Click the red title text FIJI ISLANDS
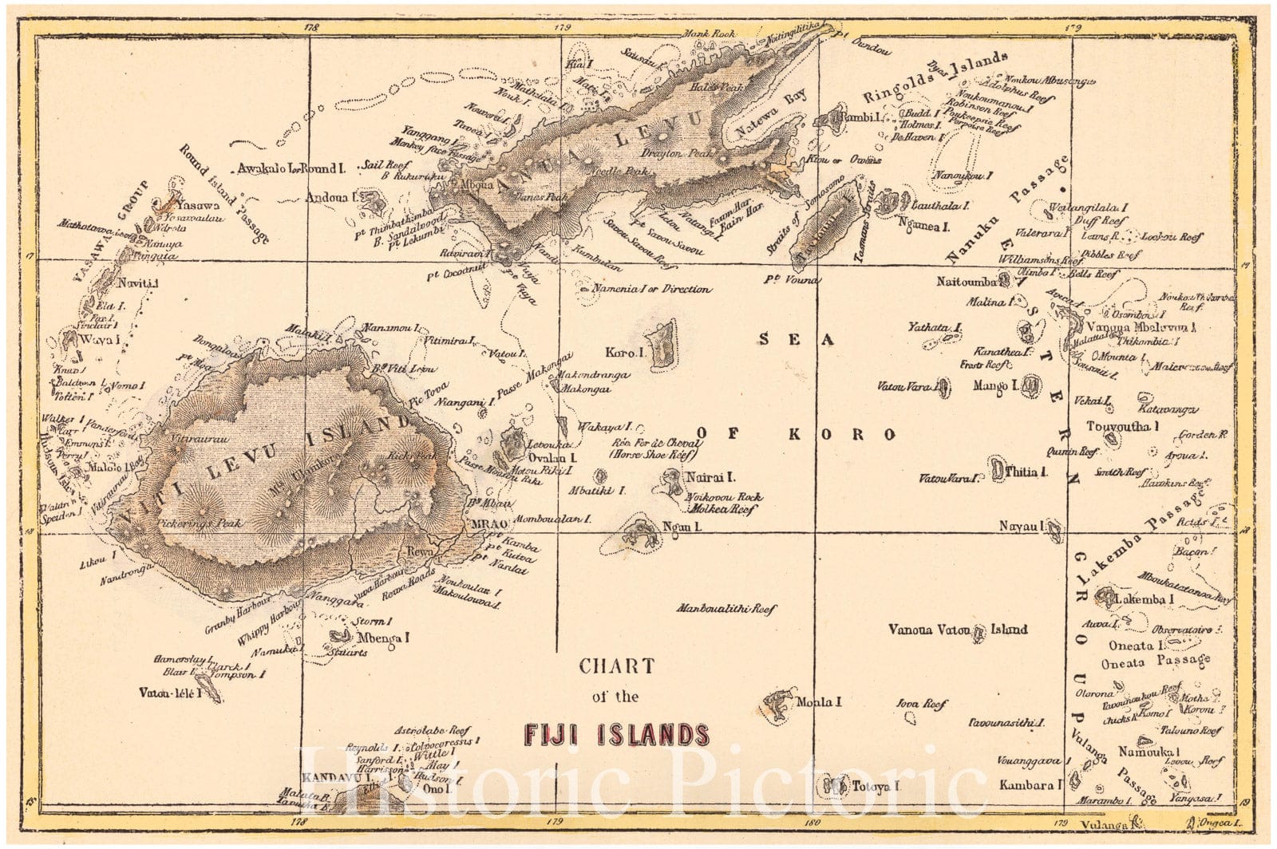pyautogui.click(x=615, y=734)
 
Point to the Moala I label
pyautogui.click(x=819, y=702)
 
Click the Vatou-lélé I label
pyautogui.click(x=168, y=693)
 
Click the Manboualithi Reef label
pyautogui.click(x=726, y=609)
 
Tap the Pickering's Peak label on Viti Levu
pyautogui.click(x=196, y=524)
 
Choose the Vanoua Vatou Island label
pyautogui.click(x=958, y=630)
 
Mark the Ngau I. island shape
pyautogui.click(x=638, y=531)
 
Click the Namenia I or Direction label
pyautogui.click(x=649, y=289)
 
